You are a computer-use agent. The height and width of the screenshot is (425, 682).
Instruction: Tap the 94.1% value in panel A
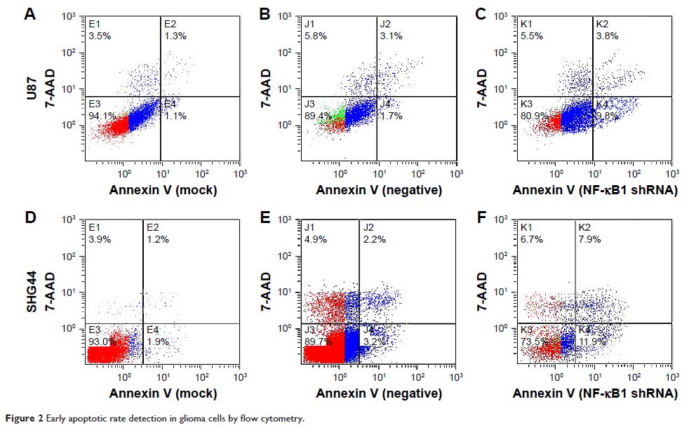click(98, 116)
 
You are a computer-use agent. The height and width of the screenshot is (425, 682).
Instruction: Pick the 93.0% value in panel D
click(100, 342)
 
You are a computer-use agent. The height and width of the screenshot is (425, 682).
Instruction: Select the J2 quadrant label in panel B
click(385, 23)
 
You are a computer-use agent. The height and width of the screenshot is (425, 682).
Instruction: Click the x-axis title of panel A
click(162, 189)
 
